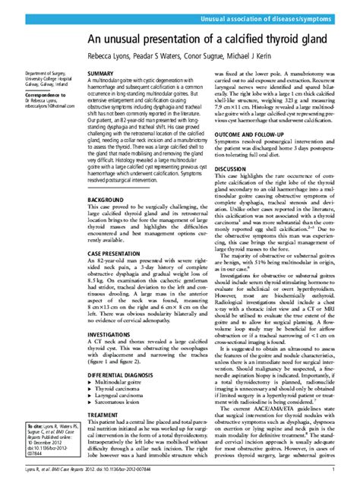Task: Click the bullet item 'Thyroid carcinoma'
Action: click(x=122, y=395)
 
